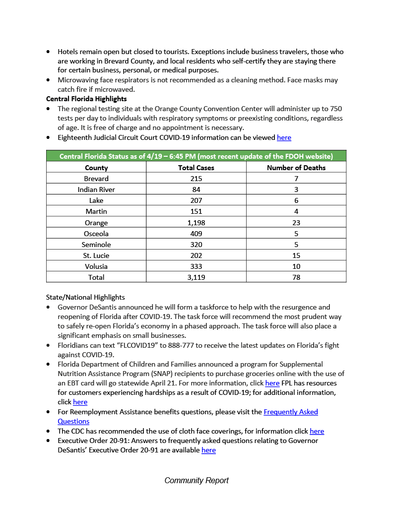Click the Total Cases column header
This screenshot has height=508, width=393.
tap(196, 168)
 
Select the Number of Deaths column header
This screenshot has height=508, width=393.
tap(296, 168)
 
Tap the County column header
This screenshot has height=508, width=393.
tap(96, 168)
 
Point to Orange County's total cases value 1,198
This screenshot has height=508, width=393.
tap(196, 223)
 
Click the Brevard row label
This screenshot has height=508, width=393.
tap(96, 179)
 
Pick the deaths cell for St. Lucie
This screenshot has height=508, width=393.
tap(296, 255)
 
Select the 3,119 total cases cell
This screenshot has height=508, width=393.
tap(196, 277)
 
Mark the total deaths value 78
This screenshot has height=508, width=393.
tap(296, 277)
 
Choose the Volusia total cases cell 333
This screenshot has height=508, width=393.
tap(196, 266)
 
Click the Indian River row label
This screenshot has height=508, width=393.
tap(96, 190)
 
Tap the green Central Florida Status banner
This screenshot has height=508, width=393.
tap(196, 156)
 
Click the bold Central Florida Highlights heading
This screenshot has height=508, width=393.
tap(86, 99)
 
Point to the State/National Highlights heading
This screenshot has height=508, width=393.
tap(85, 298)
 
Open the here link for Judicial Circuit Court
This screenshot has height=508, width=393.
tap(284, 137)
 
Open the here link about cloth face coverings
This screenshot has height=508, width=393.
tap(317, 431)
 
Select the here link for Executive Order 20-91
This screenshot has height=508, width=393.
tap(208, 450)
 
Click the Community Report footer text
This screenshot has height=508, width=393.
tap(196, 480)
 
